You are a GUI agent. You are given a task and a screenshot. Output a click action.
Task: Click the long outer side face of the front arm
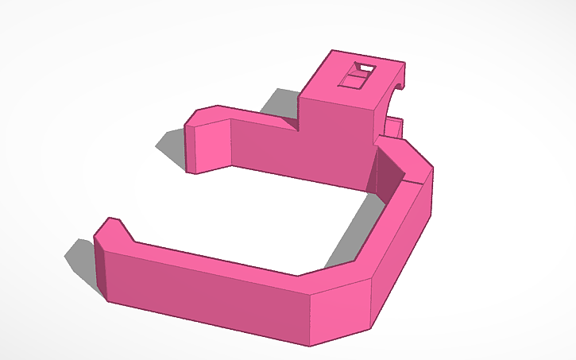point(207,294)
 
